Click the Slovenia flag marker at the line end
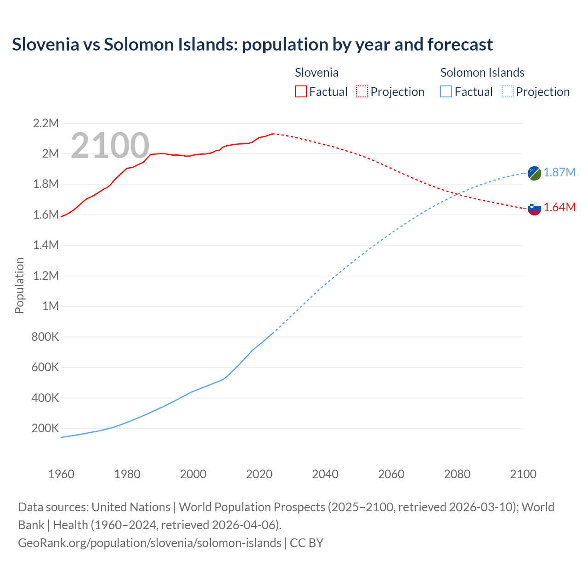click(x=534, y=208)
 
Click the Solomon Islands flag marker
click(x=534, y=173)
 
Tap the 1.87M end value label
click(x=560, y=172)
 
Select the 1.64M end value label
click(x=560, y=208)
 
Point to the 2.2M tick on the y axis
click(x=46, y=123)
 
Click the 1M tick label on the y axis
click(x=51, y=306)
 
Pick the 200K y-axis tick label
click(x=45, y=429)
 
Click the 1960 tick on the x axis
click(x=61, y=474)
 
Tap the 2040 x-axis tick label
click(x=325, y=474)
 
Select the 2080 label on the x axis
click(x=457, y=474)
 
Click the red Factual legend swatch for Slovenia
click(x=300, y=92)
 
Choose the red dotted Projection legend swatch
click(x=362, y=92)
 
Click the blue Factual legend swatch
click(x=446, y=92)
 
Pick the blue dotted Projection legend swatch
click(x=507, y=92)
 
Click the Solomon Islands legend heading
click(x=482, y=73)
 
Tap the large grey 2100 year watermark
click(x=110, y=146)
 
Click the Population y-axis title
click(x=19, y=285)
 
